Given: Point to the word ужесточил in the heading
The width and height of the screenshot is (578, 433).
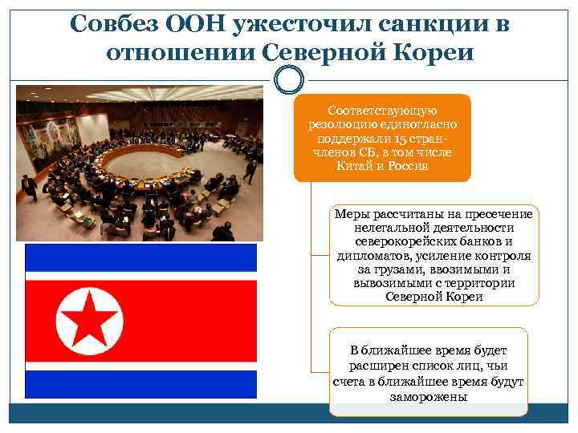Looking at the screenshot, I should point(302,24).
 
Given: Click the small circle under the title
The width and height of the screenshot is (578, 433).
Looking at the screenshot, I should point(289,79).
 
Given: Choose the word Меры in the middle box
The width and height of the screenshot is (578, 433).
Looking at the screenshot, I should point(351,213).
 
